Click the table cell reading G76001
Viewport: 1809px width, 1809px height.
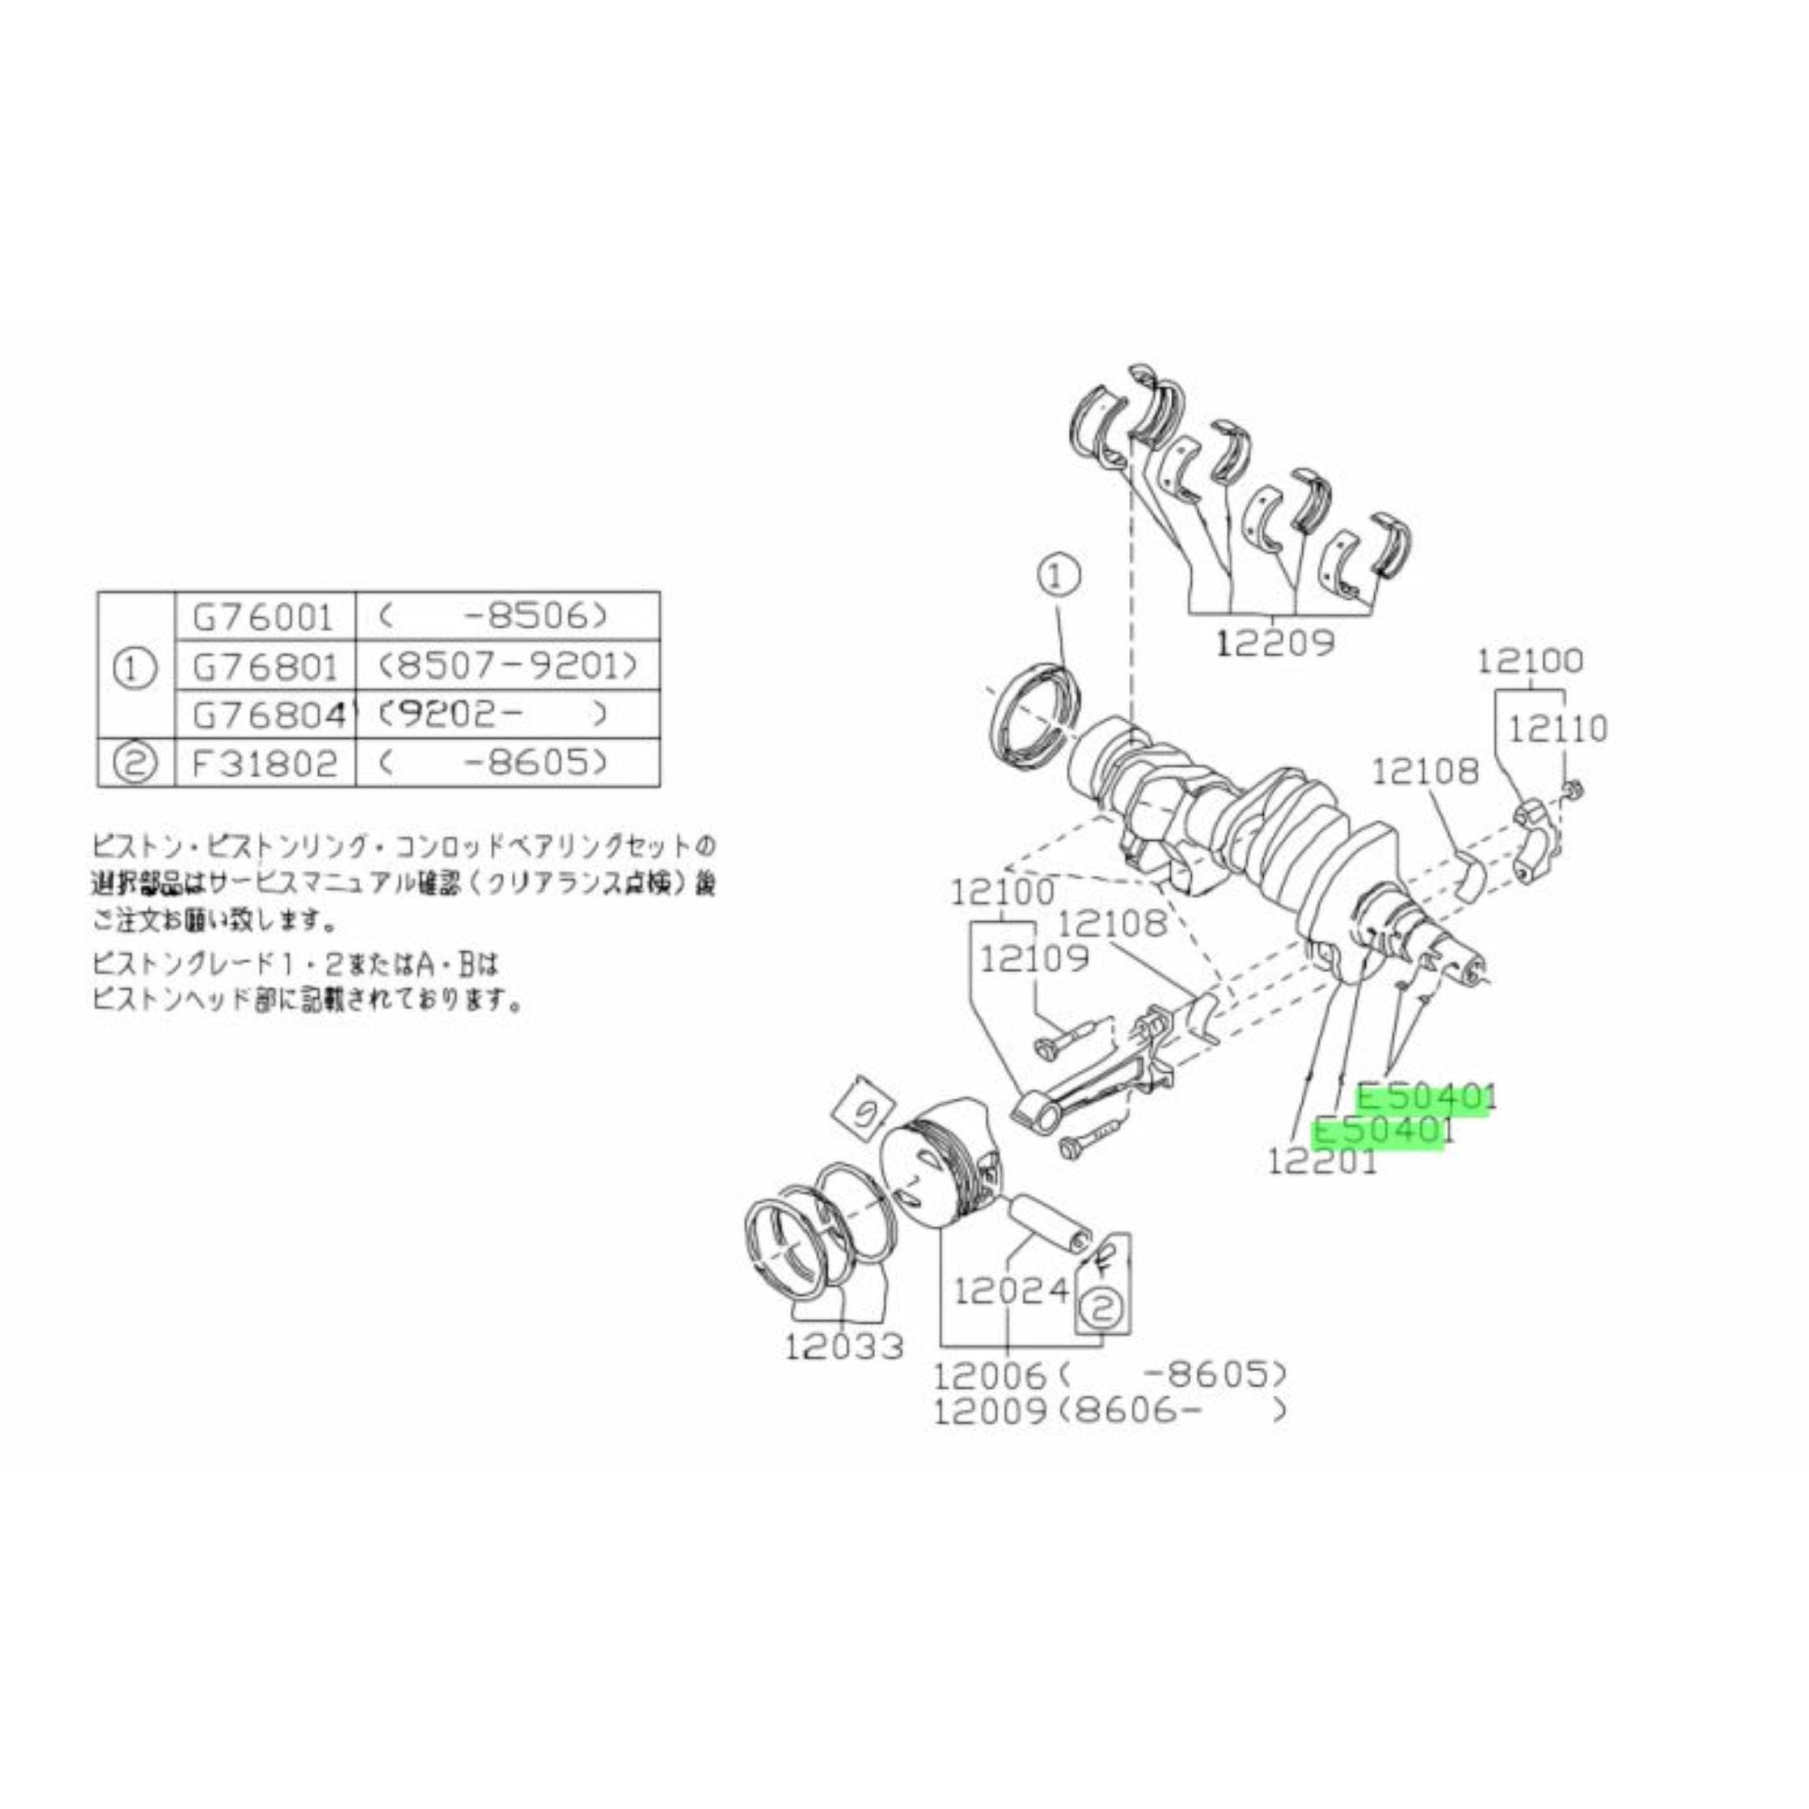click(x=263, y=617)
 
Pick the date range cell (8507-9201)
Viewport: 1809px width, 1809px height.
click(x=508, y=667)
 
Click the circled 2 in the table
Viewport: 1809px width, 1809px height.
click(x=135, y=763)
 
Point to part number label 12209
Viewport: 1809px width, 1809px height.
click(x=1276, y=643)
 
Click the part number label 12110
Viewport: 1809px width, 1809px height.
click(x=1556, y=728)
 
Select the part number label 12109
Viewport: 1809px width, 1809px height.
click(x=1034, y=958)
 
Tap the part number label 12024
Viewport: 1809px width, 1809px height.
click(x=1011, y=1291)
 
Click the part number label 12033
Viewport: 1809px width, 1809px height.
click(x=844, y=1346)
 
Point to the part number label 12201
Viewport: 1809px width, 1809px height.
click(x=1322, y=1161)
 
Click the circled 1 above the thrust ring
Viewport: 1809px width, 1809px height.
click(x=1057, y=579)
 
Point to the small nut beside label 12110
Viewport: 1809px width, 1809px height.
click(x=1574, y=789)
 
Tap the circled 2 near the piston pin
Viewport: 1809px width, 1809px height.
click(x=1103, y=1308)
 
